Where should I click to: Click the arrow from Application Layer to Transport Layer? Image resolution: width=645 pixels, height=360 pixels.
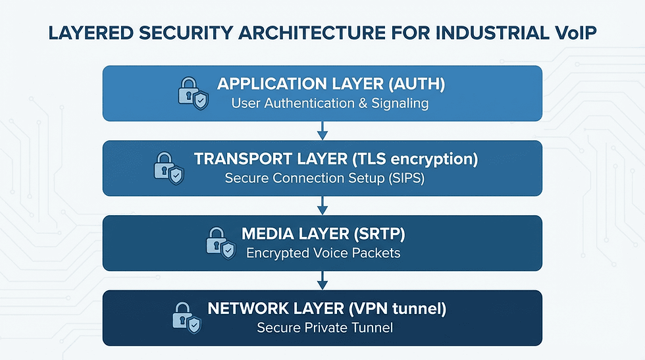point(322,130)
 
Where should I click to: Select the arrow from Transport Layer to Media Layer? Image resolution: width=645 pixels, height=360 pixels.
point(322,205)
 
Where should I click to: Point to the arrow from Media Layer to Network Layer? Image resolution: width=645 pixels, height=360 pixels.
point(322,280)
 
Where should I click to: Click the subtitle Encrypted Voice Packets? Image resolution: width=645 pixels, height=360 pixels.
point(322,253)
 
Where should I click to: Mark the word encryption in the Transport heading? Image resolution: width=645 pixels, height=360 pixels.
point(434,159)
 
